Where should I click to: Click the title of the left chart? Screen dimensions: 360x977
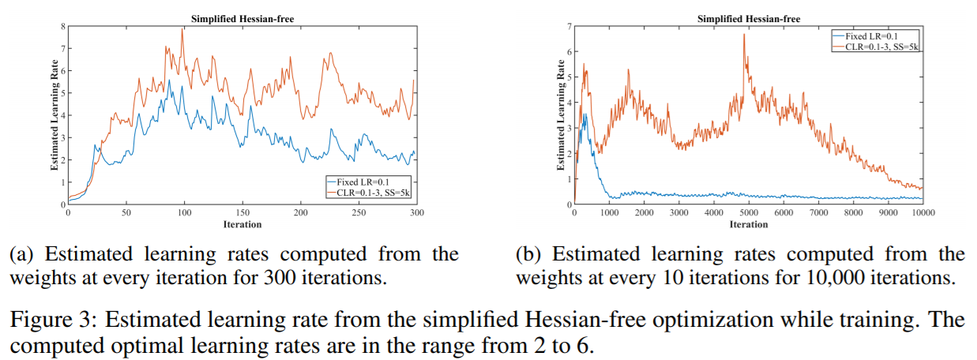click(x=242, y=18)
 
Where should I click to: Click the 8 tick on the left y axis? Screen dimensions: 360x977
click(x=62, y=26)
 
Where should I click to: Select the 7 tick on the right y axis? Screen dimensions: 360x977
click(x=569, y=27)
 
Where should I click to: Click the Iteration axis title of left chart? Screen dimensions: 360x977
click(x=242, y=224)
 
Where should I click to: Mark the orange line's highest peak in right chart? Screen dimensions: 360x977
click(x=743, y=34)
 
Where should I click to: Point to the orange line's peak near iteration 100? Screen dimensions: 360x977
click(x=183, y=28)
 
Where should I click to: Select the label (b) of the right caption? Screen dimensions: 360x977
click(x=527, y=254)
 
